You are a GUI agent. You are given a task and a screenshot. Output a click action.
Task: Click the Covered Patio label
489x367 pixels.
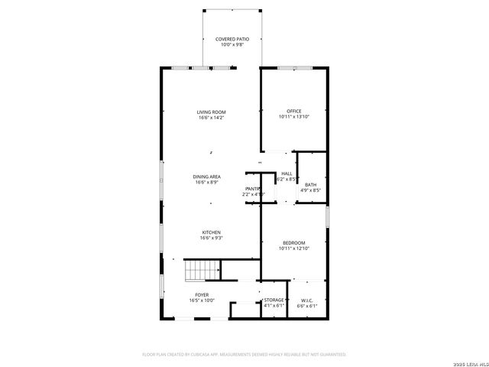tap(232, 38)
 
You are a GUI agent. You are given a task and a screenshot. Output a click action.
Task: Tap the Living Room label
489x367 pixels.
tap(212, 112)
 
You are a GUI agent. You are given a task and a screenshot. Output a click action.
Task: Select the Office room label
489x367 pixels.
tap(294, 112)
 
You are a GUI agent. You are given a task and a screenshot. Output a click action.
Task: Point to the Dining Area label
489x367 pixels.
tap(208, 177)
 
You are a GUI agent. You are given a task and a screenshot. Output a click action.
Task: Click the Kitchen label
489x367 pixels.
tap(212, 232)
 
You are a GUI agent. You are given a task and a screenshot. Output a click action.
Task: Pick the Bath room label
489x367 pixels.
tap(311, 184)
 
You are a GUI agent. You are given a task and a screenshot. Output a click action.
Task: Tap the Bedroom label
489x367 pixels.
tap(294, 242)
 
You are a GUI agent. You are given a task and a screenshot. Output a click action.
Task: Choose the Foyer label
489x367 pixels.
tap(202, 294)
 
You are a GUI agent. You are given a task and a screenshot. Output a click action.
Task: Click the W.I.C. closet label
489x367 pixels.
tap(306, 300)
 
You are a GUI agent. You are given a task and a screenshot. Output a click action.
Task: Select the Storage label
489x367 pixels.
tap(274, 300)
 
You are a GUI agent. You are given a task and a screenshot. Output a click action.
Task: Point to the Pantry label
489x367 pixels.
tap(253, 188)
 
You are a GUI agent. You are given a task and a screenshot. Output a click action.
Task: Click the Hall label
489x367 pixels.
tap(287, 174)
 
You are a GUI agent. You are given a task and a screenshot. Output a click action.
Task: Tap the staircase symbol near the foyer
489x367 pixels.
tap(201, 271)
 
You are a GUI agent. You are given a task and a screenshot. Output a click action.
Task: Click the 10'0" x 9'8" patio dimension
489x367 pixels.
tap(232, 44)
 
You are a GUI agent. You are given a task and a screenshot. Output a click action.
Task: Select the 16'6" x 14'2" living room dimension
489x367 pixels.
tap(212, 118)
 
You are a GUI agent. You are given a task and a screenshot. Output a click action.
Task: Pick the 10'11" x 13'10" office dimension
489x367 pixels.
tap(294, 117)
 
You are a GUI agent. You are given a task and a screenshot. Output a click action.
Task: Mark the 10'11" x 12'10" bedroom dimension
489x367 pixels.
tap(294, 248)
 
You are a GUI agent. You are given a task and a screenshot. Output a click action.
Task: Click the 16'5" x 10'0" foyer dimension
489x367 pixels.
tap(202, 300)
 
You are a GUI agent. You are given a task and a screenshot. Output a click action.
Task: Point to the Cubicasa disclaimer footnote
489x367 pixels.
tap(244, 354)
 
